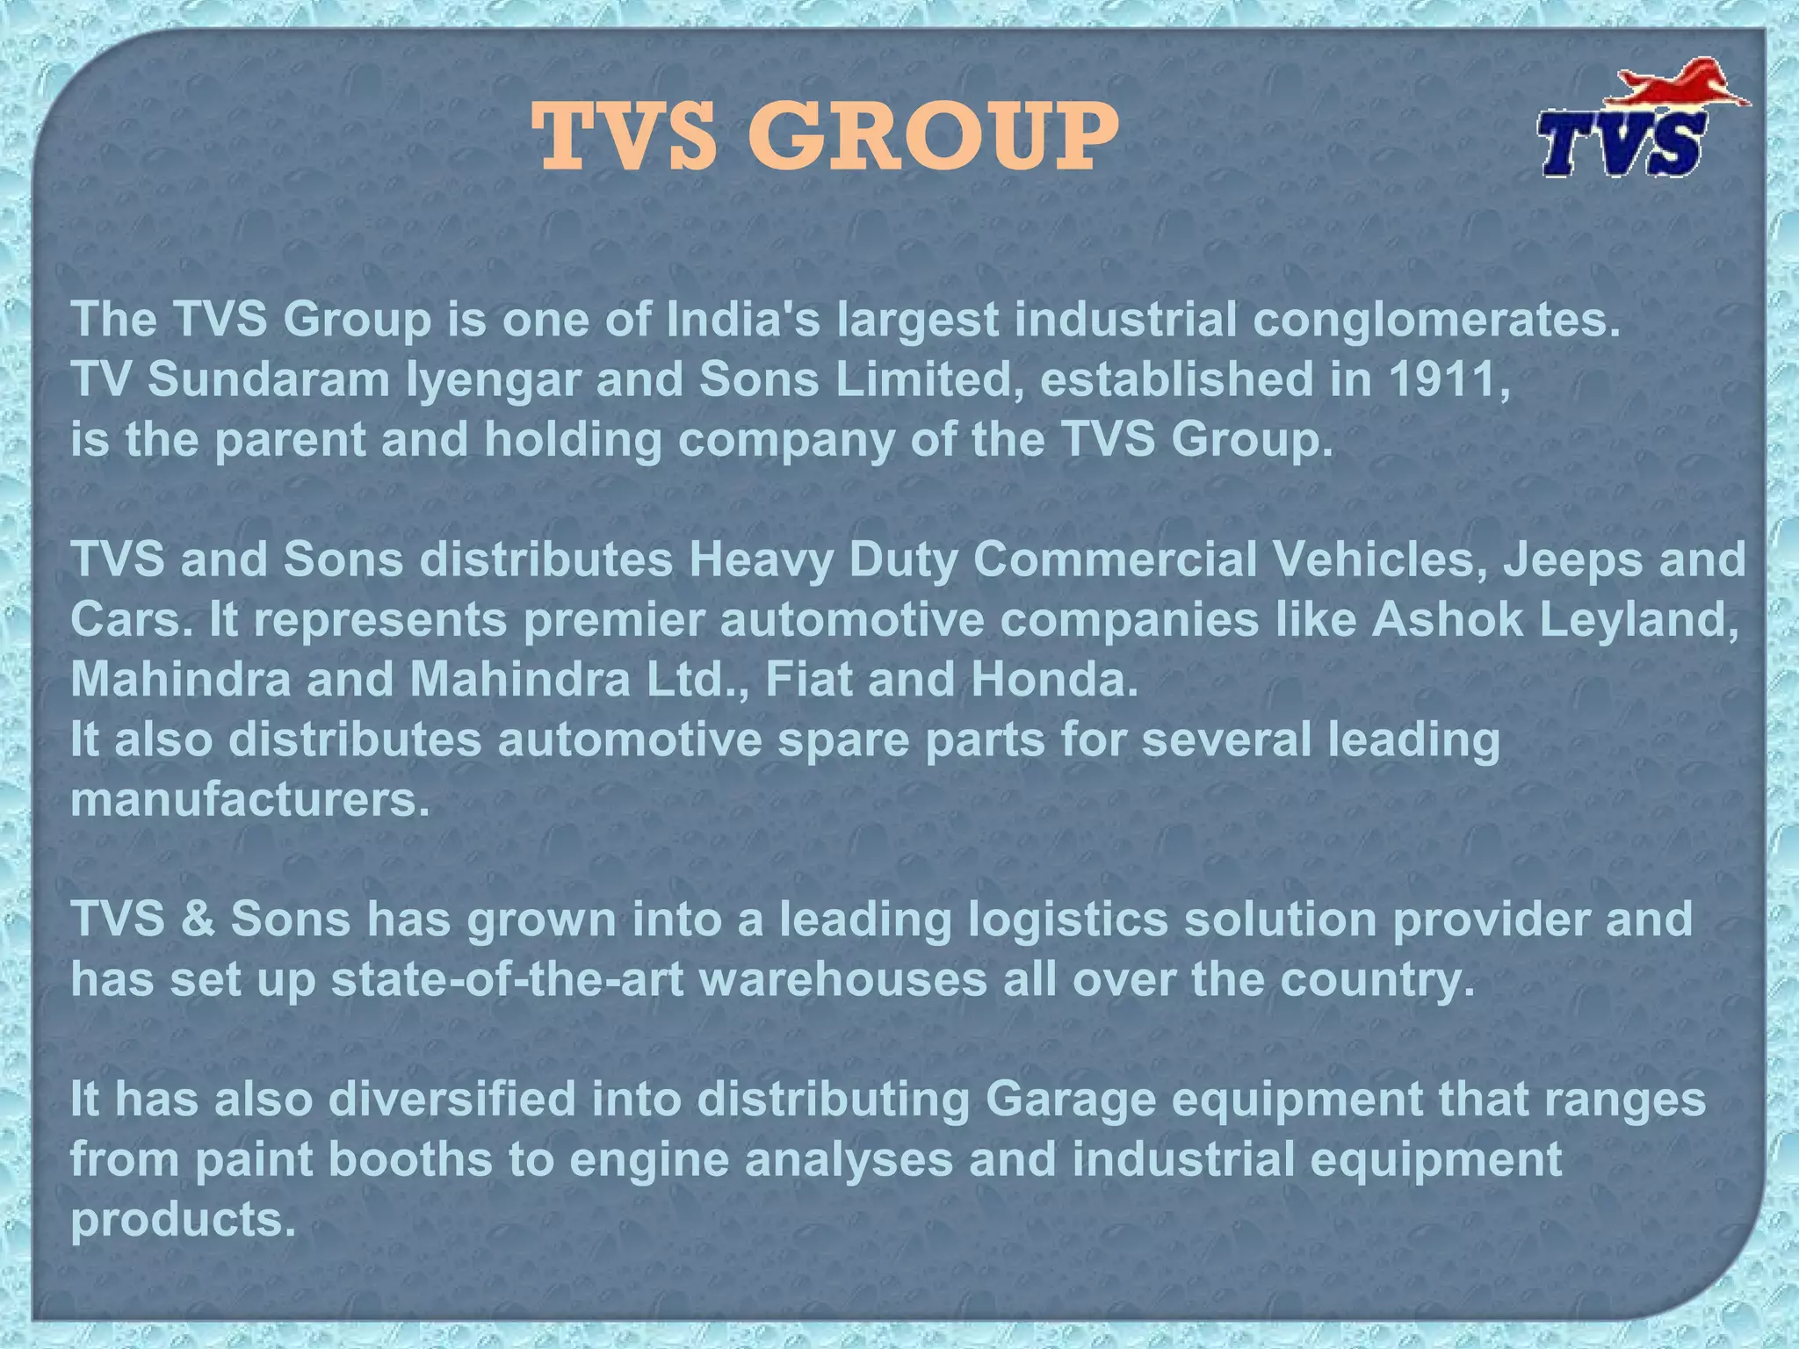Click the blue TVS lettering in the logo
[1622, 146]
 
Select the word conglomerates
[1435, 320]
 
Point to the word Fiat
[808, 679]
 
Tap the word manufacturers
[250, 799]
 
